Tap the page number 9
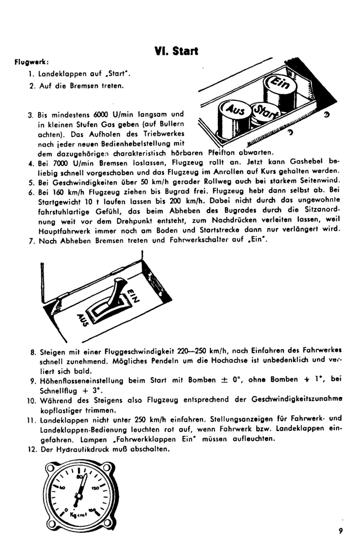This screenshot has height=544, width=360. click(340, 530)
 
